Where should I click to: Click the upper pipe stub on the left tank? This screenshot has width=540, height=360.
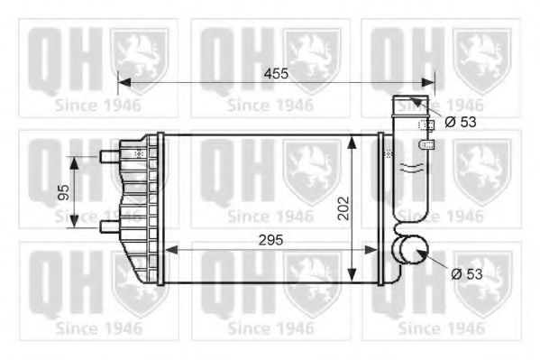click(x=109, y=157)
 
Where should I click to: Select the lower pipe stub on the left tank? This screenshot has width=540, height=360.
click(x=109, y=225)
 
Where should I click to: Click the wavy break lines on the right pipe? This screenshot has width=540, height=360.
click(x=411, y=168)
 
